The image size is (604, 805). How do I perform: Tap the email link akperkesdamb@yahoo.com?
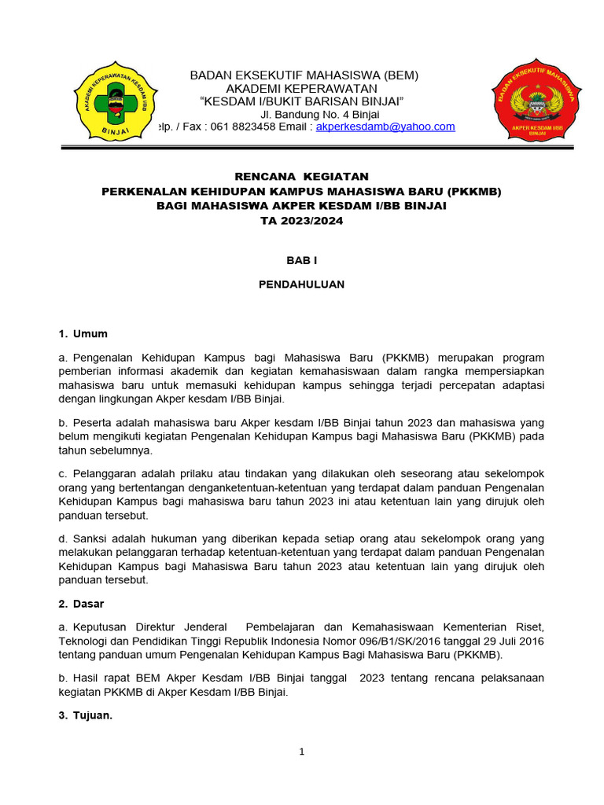click(x=385, y=127)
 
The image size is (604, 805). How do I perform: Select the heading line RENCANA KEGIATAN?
click(x=302, y=176)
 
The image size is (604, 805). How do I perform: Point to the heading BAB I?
click(x=302, y=259)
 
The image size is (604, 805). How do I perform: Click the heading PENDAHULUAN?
click(x=302, y=285)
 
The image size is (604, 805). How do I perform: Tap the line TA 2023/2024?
click(x=302, y=221)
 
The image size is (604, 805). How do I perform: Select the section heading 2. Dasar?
click(x=82, y=604)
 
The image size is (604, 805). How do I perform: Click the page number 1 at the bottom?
click(x=301, y=752)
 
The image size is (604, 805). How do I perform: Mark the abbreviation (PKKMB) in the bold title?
click(x=474, y=191)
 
